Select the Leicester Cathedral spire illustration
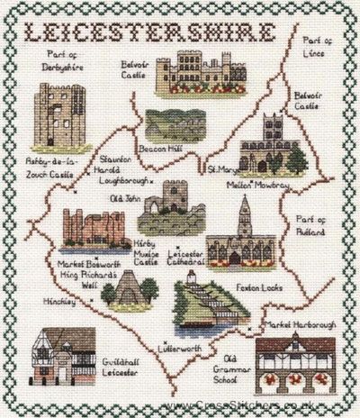click(x=238, y=231)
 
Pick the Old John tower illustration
click(x=163, y=208)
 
